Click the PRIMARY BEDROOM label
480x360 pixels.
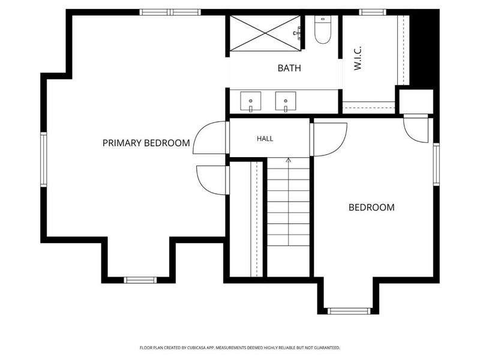click(146, 143)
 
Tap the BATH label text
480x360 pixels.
click(289, 68)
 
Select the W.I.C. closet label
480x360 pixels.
click(358, 58)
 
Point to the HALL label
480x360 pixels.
click(265, 139)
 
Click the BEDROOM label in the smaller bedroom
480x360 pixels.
click(371, 208)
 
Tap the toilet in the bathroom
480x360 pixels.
click(323, 29)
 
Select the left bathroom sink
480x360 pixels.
click(251, 101)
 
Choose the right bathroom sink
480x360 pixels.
click(286, 101)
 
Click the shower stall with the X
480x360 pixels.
click(265, 33)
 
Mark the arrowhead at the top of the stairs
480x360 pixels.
click(289, 160)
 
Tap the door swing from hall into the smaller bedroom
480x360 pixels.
click(340, 146)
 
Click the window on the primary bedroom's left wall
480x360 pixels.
click(44, 159)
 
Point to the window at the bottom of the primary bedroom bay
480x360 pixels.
click(140, 280)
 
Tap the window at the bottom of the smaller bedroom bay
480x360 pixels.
click(349, 311)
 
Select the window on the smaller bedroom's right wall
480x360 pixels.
click(436, 164)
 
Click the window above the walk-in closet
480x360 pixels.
click(372, 12)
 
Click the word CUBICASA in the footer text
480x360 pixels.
click(198, 348)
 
